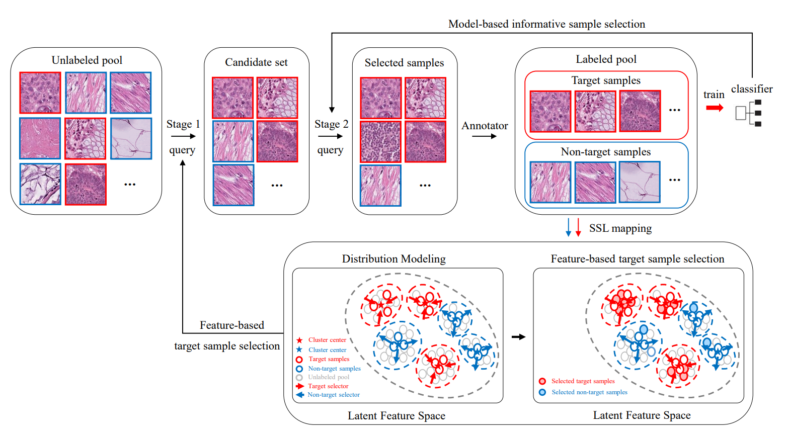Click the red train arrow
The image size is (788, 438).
715,108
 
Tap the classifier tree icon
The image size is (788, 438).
748,113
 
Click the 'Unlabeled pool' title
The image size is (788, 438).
87,60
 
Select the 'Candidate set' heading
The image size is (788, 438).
256,62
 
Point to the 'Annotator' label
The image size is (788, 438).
485,126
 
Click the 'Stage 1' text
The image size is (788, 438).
183,124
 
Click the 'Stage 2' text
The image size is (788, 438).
331,124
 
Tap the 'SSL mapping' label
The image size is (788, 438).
620,228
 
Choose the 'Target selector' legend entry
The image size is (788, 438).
328,386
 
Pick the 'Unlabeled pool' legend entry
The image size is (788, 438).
328,377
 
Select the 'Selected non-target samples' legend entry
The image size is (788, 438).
589,392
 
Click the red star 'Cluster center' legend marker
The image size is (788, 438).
299,340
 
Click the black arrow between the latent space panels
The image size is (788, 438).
518,337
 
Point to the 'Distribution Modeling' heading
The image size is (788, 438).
393,259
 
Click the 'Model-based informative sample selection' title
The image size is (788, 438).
546,24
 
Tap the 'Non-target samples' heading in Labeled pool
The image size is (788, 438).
605,152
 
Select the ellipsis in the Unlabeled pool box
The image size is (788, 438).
130,185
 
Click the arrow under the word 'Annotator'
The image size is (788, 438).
484,136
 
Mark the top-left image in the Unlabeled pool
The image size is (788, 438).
40,93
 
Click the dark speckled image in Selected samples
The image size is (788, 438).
380,142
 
